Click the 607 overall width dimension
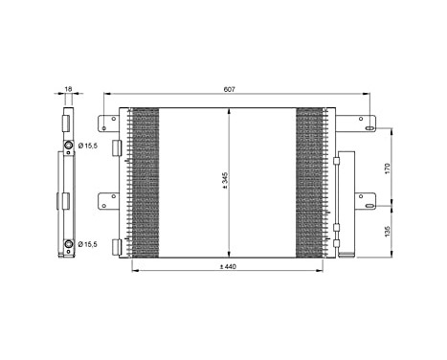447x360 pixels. tap(231, 89)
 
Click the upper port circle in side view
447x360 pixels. tap(67, 146)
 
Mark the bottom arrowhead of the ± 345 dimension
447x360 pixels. tap(230, 254)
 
